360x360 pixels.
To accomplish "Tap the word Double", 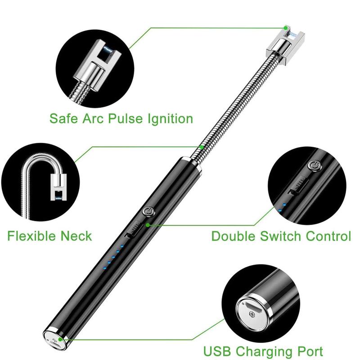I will click(x=236, y=236).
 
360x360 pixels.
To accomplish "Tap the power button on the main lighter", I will click(x=148, y=211).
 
